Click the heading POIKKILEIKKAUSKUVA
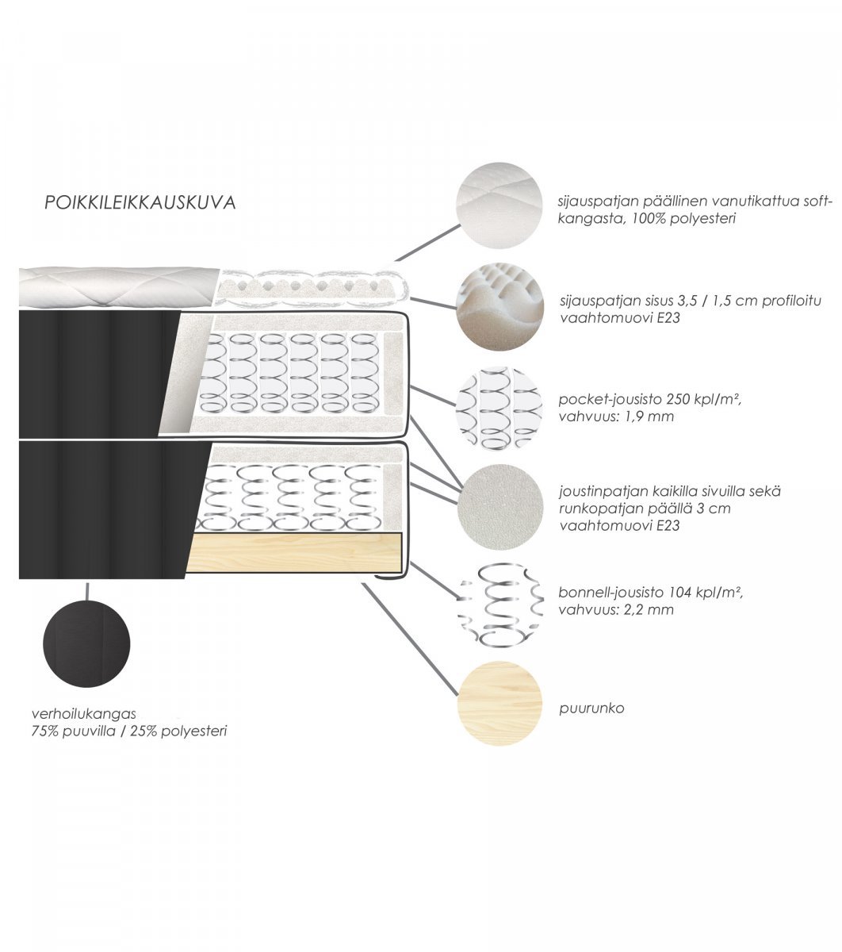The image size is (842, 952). pyautogui.click(x=140, y=202)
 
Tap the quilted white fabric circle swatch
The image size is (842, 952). pyautogui.click(x=499, y=205)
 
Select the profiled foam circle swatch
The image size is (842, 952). pyautogui.click(x=499, y=306)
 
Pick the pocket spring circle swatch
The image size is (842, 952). pyautogui.click(x=499, y=408)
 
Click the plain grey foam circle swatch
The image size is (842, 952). pyautogui.click(x=500, y=507)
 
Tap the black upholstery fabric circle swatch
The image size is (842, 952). pyautogui.click(x=86, y=643)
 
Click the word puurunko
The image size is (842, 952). pyautogui.click(x=591, y=708)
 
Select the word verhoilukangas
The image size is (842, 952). pyautogui.click(x=83, y=714)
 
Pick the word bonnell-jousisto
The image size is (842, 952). pyautogui.click(x=611, y=592)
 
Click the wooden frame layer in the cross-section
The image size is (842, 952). pyautogui.click(x=293, y=553)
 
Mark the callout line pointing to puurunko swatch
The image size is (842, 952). pyautogui.click(x=409, y=640)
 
